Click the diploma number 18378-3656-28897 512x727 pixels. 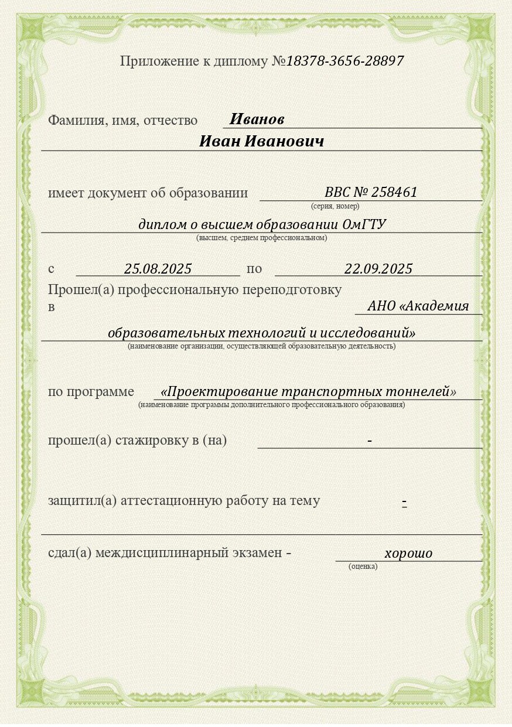click(344, 61)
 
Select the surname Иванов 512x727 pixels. click(257, 120)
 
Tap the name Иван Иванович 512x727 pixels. click(261, 142)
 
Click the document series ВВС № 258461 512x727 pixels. click(371, 192)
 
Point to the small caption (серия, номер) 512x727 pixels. click(335, 206)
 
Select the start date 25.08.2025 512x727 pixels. click(158, 269)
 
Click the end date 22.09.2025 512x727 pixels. click(378, 269)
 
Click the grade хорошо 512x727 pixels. click(408, 553)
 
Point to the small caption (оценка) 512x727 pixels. click(363, 566)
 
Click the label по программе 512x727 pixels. click(91, 392)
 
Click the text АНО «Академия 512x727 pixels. click(418, 306)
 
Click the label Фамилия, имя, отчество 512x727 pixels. click(122, 121)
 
